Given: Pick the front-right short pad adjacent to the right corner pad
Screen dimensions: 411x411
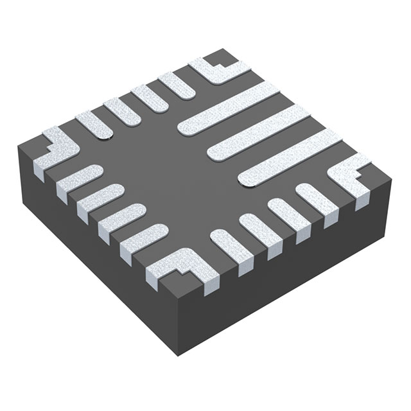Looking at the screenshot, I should (315, 198).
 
